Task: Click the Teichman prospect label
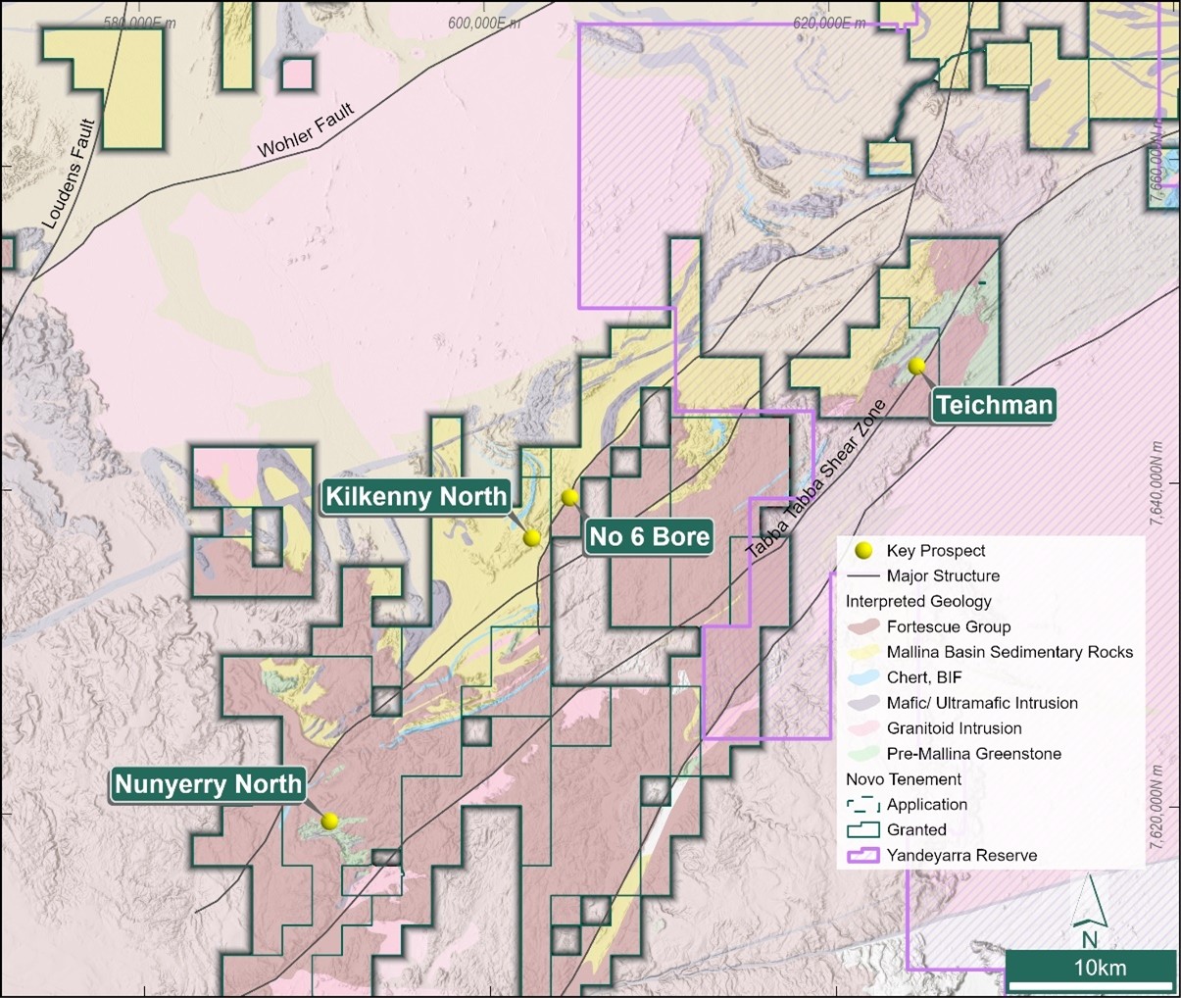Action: pyautogui.click(x=994, y=405)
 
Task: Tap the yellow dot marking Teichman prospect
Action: pyautogui.click(x=917, y=367)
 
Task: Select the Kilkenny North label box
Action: pyautogui.click(x=417, y=496)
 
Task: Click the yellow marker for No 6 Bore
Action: pyautogui.click(x=569, y=498)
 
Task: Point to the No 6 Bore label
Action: pyautogui.click(x=648, y=537)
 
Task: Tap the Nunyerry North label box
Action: pyautogui.click(x=208, y=784)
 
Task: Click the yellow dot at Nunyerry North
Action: pyautogui.click(x=330, y=822)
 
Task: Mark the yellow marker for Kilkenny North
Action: pyautogui.click(x=532, y=537)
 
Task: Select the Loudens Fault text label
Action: pyautogui.click(x=71, y=174)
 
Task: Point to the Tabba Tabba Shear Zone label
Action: pyautogui.click(x=815, y=479)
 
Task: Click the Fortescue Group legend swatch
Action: pyautogui.click(x=863, y=626)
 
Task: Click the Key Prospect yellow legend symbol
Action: pyautogui.click(x=863, y=551)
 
